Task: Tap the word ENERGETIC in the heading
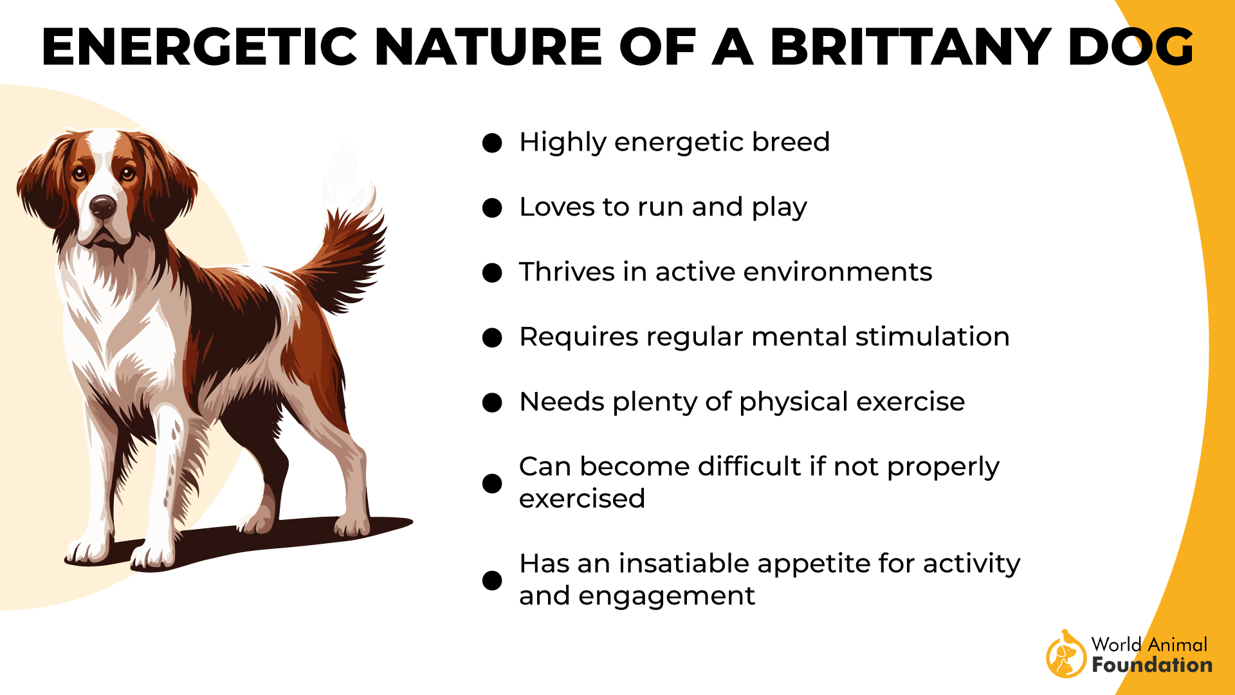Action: [199, 47]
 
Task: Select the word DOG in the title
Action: [1131, 47]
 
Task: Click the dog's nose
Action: [103, 206]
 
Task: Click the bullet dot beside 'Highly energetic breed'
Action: [492, 143]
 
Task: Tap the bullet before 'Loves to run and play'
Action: [492, 208]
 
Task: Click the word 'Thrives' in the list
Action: [567, 272]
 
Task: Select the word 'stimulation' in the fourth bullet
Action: [932, 337]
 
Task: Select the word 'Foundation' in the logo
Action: [1152, 665]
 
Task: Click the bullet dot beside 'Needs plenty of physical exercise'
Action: [492, 403]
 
